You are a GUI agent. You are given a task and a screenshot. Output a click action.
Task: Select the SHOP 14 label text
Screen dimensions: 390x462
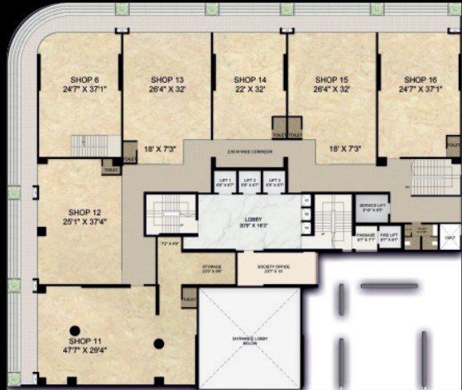249,79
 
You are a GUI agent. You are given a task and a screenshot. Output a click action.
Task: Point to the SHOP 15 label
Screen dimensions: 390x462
332,79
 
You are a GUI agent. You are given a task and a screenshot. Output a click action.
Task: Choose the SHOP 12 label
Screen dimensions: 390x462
84,213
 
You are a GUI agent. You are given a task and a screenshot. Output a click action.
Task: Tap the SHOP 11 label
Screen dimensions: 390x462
84,341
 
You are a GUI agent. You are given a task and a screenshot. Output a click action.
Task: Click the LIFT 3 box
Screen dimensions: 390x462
274,183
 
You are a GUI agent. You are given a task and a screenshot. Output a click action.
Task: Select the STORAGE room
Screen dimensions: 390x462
212,268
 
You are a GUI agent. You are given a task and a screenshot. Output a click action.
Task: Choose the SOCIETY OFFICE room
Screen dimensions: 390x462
276,267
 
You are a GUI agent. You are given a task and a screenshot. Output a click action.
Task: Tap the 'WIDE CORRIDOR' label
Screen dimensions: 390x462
248,152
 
